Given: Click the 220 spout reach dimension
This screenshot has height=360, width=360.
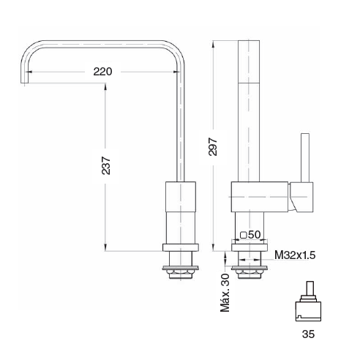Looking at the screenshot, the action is pos(102,72).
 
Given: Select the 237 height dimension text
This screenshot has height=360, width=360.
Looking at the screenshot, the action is pos(106,166).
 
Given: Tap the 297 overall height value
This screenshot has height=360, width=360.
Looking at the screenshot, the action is pos(213,147).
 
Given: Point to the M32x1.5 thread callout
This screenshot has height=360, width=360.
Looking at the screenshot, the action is pos(295,255).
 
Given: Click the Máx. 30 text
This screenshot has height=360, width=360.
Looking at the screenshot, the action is pos(225,293).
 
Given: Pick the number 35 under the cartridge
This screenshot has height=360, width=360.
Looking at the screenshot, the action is pos(308,334).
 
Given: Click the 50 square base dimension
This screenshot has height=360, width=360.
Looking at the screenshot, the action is pos(254,235).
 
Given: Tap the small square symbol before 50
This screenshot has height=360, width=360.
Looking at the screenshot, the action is pos(244,235).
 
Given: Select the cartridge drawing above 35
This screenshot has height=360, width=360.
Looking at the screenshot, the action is pos(308,301).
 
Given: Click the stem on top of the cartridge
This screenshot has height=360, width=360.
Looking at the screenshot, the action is pos(310,288).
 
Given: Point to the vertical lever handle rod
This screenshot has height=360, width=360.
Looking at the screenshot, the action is pos(305,158).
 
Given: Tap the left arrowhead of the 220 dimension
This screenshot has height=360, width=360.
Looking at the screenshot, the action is pos(29,72).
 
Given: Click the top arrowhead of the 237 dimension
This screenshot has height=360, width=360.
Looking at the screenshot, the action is pos(105,86).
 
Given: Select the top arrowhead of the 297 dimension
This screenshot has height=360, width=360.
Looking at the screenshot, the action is pos(213,44).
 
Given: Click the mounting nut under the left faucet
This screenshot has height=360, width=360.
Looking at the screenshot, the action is pos(181,272).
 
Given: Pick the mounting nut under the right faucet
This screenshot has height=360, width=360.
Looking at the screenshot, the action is pos(250,272).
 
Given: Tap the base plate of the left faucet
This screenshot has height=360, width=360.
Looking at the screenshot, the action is pos(181,247).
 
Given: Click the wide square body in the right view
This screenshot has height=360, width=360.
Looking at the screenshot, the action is pos(260,197).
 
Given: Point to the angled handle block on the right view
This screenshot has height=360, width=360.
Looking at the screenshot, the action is pos(301,197).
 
